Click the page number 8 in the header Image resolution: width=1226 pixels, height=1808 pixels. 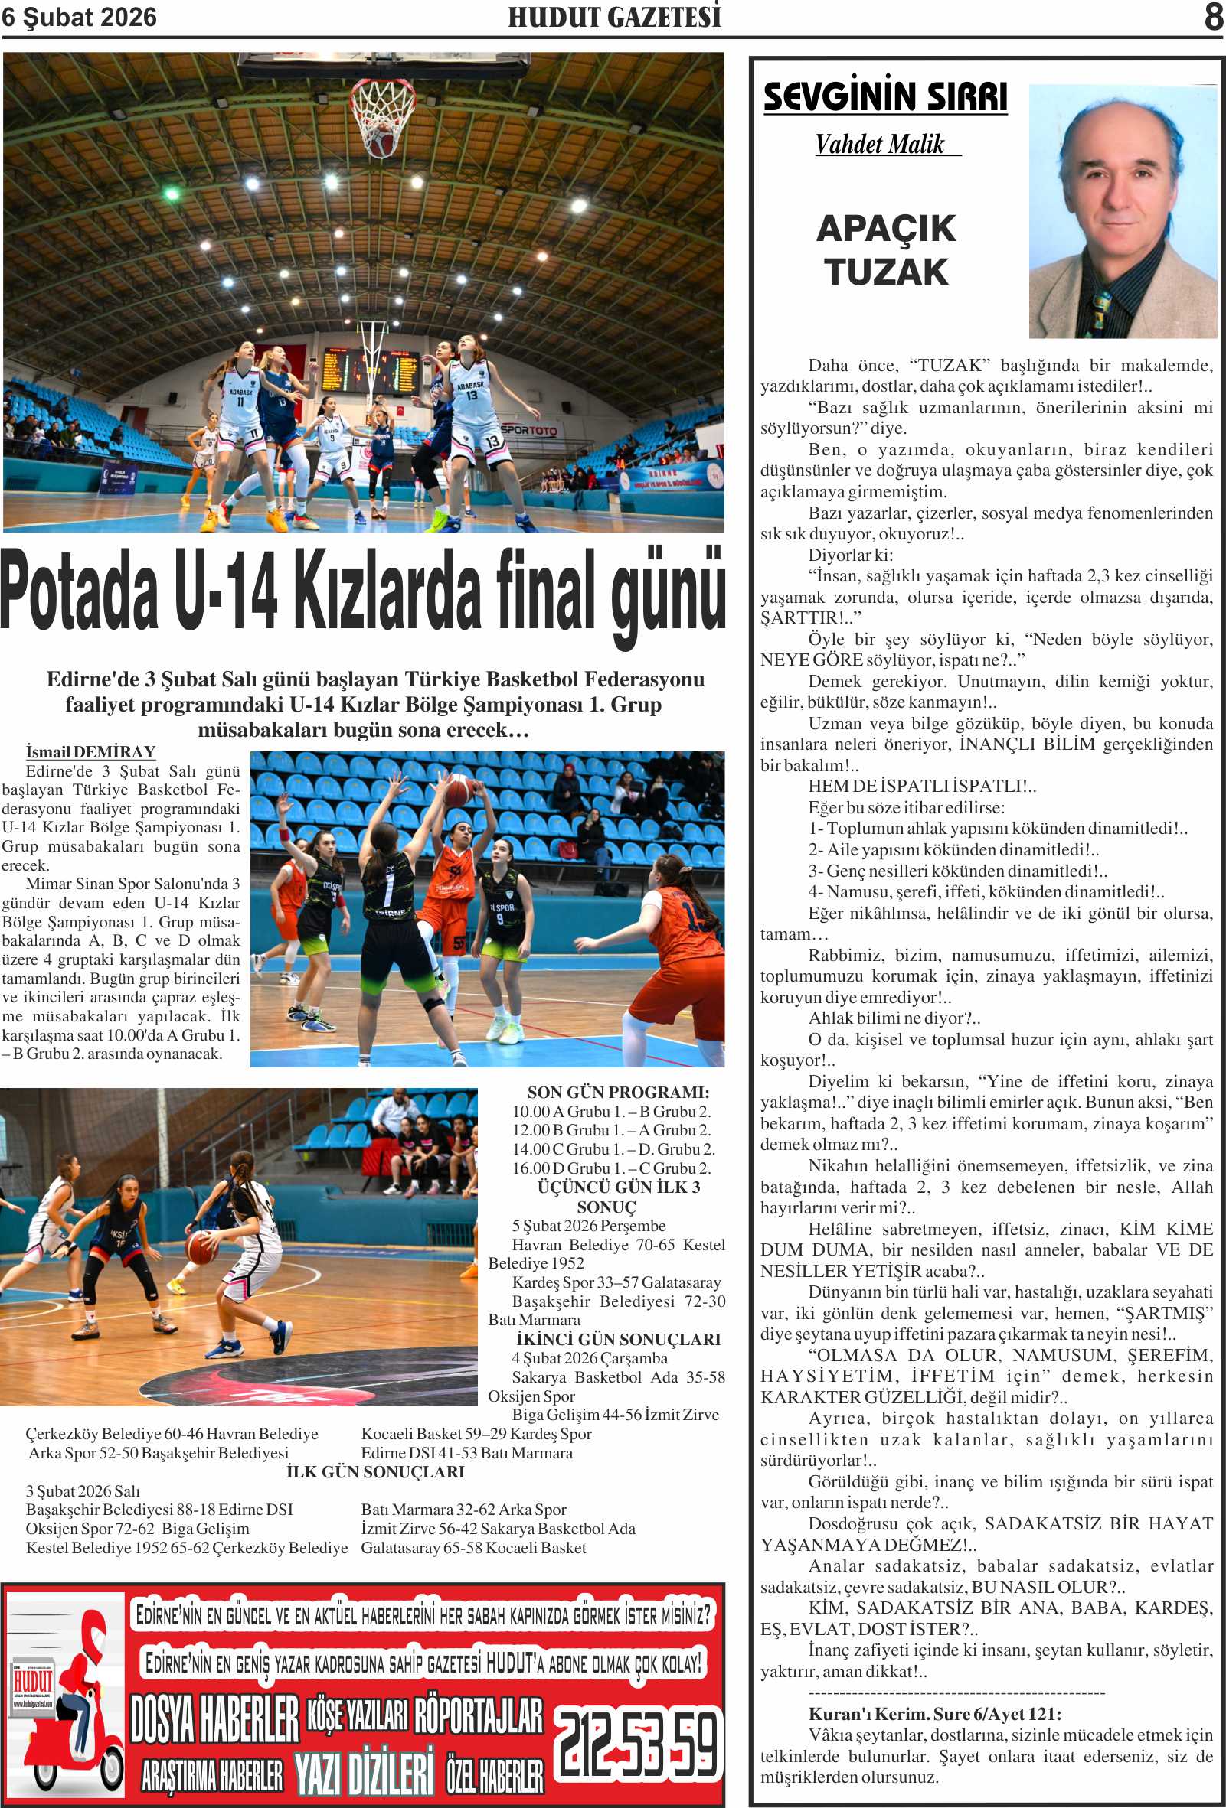coord(1213,17)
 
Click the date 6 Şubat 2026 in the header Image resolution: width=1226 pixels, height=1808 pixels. coord(79,17)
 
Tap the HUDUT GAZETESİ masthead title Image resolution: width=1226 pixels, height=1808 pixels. coord(614,17)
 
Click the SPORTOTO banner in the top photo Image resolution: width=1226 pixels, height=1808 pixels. coord(529,429)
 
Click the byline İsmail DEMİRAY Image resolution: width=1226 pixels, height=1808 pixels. coord(90,751)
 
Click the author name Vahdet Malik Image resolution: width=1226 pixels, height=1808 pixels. coord(880,144)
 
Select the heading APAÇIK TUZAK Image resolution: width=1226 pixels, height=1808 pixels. coord(886,249)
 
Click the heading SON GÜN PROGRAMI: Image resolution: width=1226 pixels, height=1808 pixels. coord(618,1093)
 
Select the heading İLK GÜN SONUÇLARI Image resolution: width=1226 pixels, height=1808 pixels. coord(375,1471)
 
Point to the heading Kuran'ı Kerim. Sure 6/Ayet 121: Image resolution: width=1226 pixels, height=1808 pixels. coord(934,1713)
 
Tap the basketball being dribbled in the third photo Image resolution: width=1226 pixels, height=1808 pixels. coord(199,1246)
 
